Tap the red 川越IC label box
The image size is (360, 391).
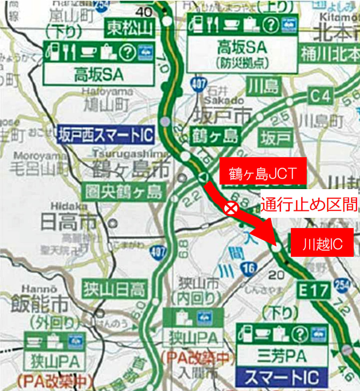[322, 242]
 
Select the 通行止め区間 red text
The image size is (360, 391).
[309, 205]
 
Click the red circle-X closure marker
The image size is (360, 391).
[231, 208]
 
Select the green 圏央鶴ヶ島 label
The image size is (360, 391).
[124, 191]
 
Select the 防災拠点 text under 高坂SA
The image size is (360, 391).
[242, 62]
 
